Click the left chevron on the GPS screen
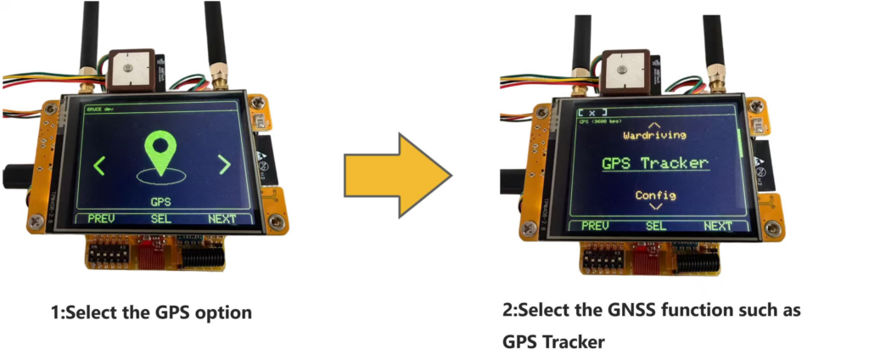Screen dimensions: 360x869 [x=99, y=165]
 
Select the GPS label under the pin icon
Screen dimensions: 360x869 [x=160, y=202]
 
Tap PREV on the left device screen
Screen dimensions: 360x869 [x=101, y=218]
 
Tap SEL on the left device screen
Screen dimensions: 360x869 [x=161, y=219]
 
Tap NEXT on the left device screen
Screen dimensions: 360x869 [x=221, y=219]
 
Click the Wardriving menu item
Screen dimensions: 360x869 [x=654, y=135]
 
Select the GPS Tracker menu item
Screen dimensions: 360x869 [x=654, y=163]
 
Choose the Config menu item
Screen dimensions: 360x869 [x=655, y=195]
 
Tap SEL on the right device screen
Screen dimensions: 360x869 [x=656, y=226]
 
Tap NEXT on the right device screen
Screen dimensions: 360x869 [x=717, y=226]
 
